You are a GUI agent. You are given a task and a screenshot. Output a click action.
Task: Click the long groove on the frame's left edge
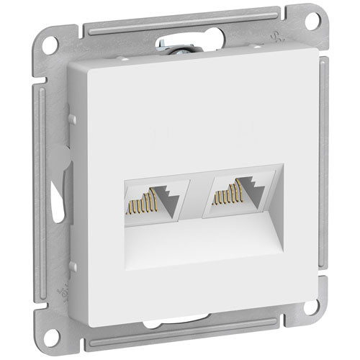coord(45,180)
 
